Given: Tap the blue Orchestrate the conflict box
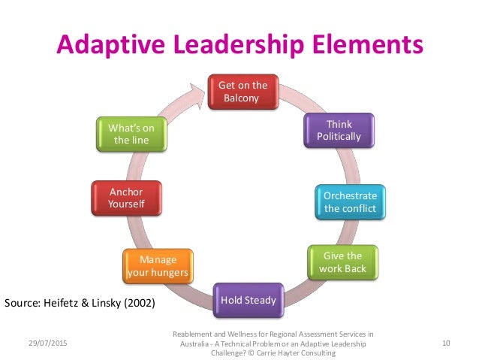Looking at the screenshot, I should click(350, 201).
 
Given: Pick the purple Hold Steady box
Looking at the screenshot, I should click(248, 301).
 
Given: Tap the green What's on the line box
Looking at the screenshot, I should click(131, 134).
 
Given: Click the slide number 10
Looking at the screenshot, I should click(446, 343).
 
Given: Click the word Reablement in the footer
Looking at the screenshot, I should click(191, 332).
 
